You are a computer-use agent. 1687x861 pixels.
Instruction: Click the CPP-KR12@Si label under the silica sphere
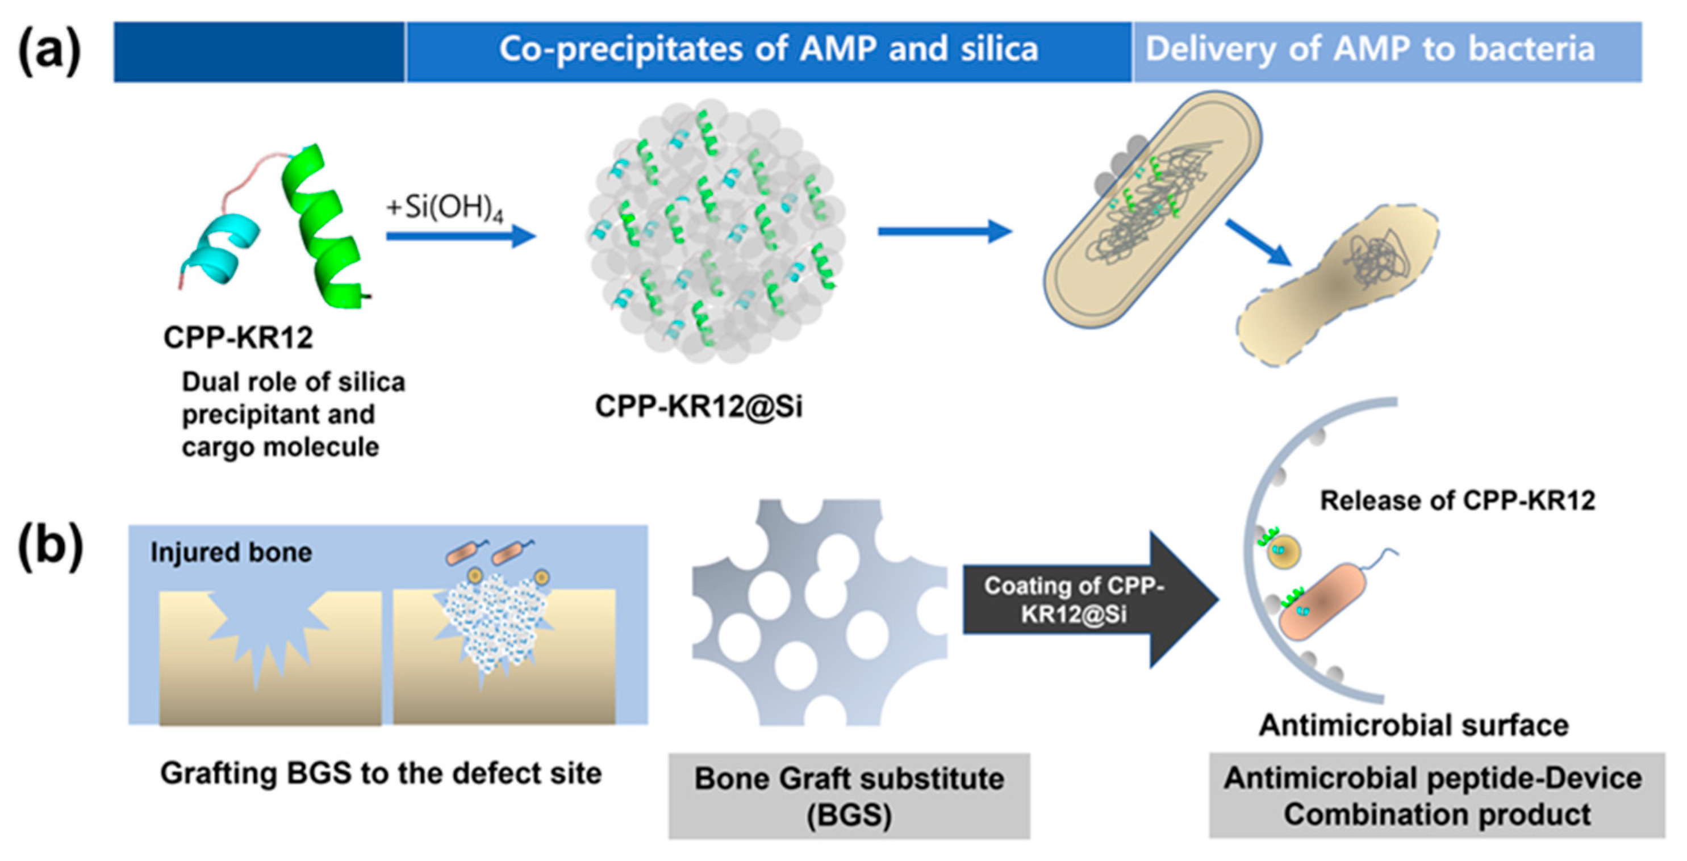[698, 407]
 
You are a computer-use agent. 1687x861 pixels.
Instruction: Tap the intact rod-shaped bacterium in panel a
[1152, 210]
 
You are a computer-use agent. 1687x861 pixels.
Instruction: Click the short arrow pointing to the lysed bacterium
[1258, 243]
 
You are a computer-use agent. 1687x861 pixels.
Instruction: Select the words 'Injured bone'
[231, 553]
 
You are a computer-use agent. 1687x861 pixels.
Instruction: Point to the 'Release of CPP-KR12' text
[1457, 500]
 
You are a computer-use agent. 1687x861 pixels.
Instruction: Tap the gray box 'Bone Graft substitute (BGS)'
[849, 796]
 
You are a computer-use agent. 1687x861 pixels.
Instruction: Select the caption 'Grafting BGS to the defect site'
[381, 774]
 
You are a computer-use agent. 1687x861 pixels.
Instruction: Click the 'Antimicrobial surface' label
[1413, 725]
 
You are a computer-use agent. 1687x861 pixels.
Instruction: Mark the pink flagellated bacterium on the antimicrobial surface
[1323, 603]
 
